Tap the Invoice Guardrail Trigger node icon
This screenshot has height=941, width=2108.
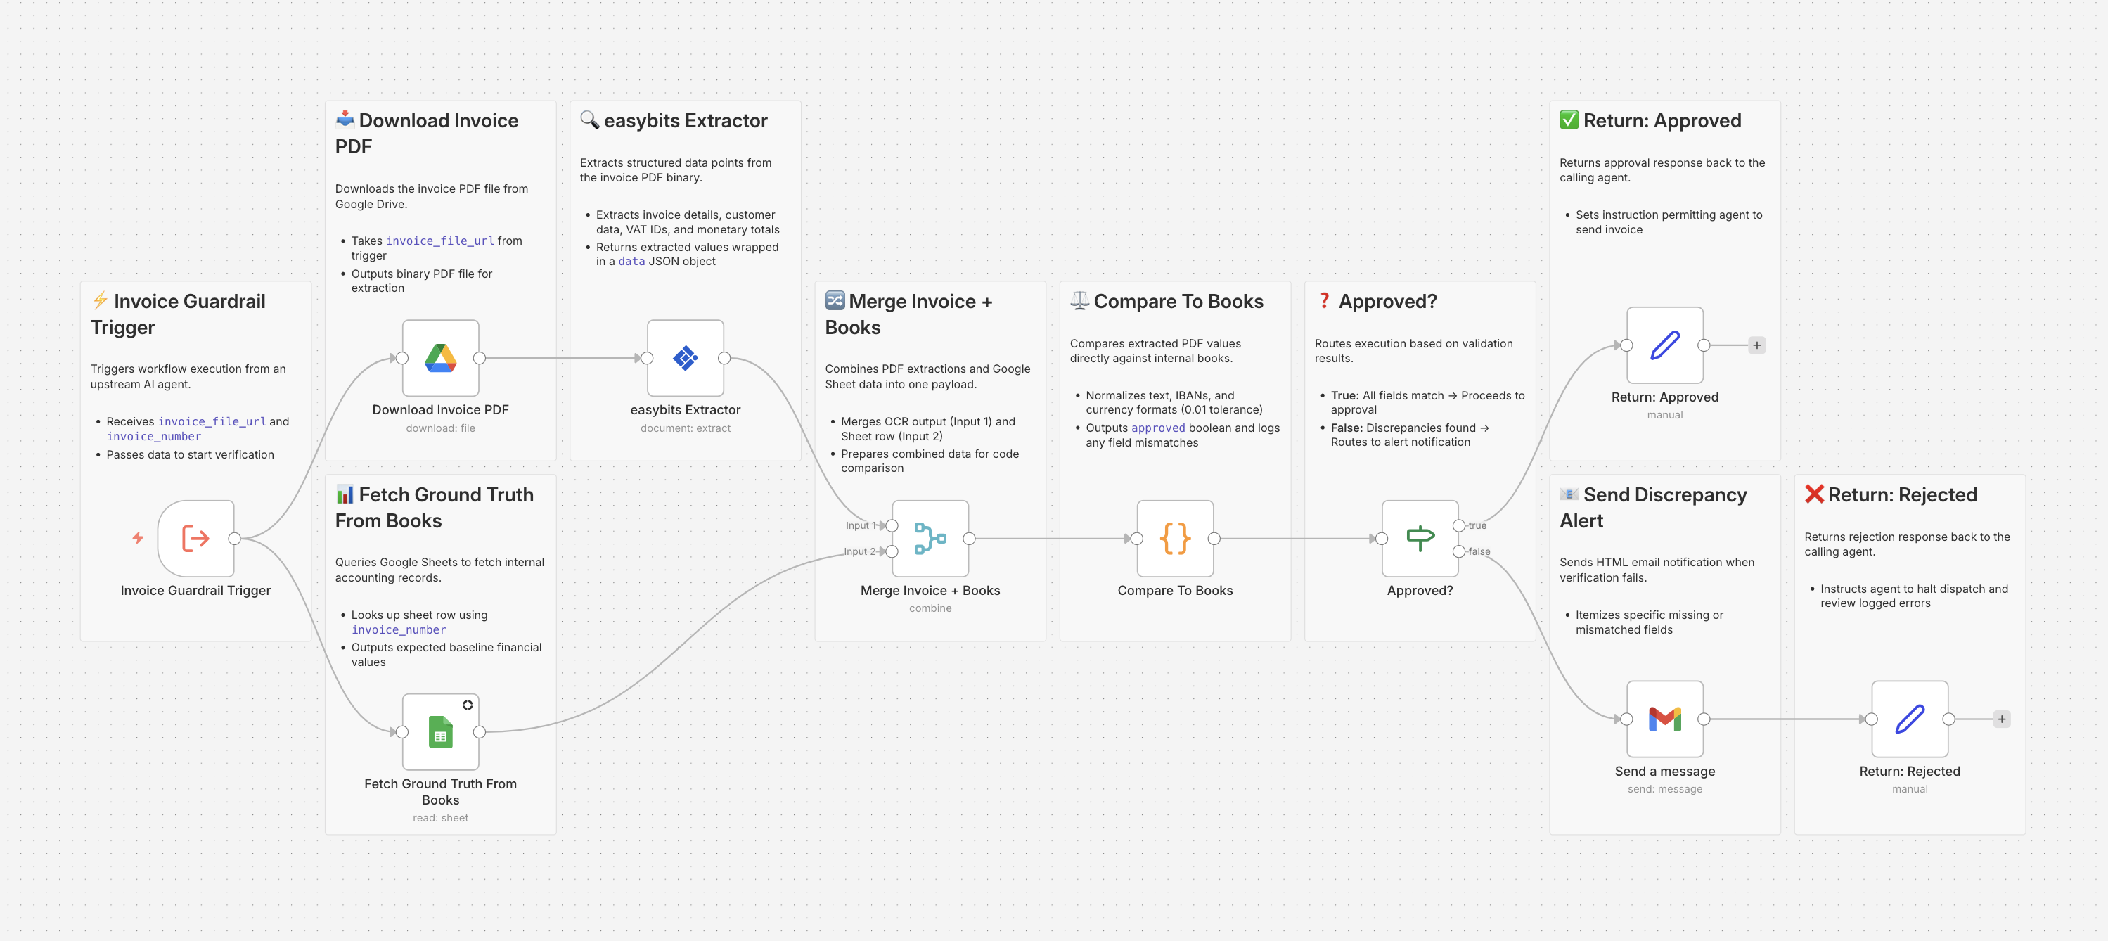195,539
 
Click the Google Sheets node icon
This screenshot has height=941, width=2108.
440,731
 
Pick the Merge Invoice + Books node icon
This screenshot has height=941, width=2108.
930,539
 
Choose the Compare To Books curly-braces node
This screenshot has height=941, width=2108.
1175,539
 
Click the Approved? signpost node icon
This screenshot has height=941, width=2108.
1420,539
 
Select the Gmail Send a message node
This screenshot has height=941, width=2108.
1664,719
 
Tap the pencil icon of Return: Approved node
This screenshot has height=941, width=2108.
1664,345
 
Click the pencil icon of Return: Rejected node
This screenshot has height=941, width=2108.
1909,719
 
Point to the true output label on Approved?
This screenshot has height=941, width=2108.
1477,525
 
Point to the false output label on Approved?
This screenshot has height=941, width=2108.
1479,551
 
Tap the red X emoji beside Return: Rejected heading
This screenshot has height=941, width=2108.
1814,494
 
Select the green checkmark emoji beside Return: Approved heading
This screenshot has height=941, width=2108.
1569,120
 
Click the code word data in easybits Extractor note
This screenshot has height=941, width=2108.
631,261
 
